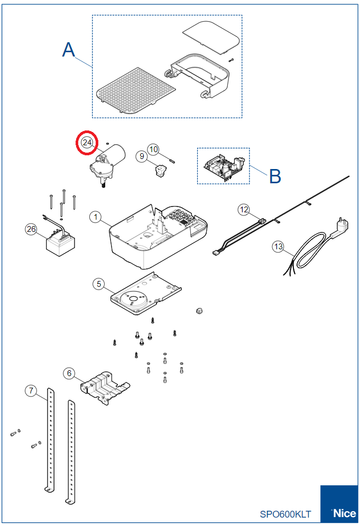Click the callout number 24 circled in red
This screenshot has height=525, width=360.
[x=87, y=142]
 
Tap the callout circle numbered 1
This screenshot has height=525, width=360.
[x=95, y=217]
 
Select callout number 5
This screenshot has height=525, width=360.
[x=98, y=284]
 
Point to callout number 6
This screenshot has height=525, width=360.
[x=69, y=373]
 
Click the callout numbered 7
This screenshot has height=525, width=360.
[x=31, y=391]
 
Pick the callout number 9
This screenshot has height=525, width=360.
[x=141, y=156]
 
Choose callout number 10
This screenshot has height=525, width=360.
[x=153, y=149]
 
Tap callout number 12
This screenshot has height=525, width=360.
[x=244, y=210]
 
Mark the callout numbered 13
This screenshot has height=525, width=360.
[x=279, y=246]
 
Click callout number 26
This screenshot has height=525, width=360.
[x=31, y=229]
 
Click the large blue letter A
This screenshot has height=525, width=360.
[x=69, y=50]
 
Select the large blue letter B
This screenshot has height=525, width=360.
[x=275, y=176]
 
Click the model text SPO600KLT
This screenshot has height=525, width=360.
[x=285, y=514]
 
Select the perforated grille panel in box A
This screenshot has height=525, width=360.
[x=136, y=89]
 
